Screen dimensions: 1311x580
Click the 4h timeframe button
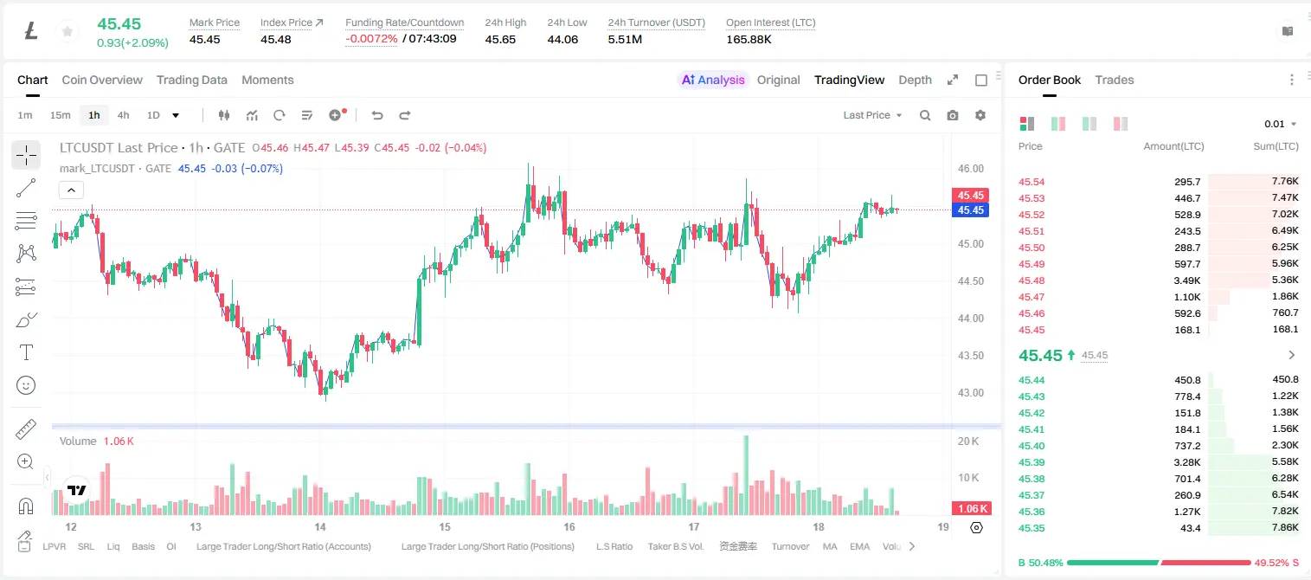point(123,115)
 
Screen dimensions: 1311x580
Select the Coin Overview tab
point(102,80)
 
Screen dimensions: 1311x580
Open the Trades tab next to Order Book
point(1115,80)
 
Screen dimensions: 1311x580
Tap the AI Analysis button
point(713,80)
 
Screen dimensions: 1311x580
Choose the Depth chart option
point(915,80)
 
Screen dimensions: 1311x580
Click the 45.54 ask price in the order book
point(1031,182)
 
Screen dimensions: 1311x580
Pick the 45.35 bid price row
point(1031,528)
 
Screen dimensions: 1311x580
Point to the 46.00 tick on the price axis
point(970,169)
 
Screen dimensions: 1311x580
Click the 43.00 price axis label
point(970,393)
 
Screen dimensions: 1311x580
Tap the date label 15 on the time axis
point(445,526)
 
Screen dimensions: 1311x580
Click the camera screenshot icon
point(953,115)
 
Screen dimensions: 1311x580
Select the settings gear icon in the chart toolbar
point(980,115)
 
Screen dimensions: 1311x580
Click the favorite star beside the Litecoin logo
point(67,31)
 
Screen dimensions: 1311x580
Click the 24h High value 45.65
point(500,39)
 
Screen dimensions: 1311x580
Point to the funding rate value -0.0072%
point(371,39)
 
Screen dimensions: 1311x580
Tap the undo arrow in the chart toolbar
point(377,115)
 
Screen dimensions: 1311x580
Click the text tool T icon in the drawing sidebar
point(26,352)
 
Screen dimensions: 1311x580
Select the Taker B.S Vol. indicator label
point(675,546)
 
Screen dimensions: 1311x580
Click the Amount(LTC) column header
point(1173,146)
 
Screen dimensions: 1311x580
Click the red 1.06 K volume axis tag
point(970,509)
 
